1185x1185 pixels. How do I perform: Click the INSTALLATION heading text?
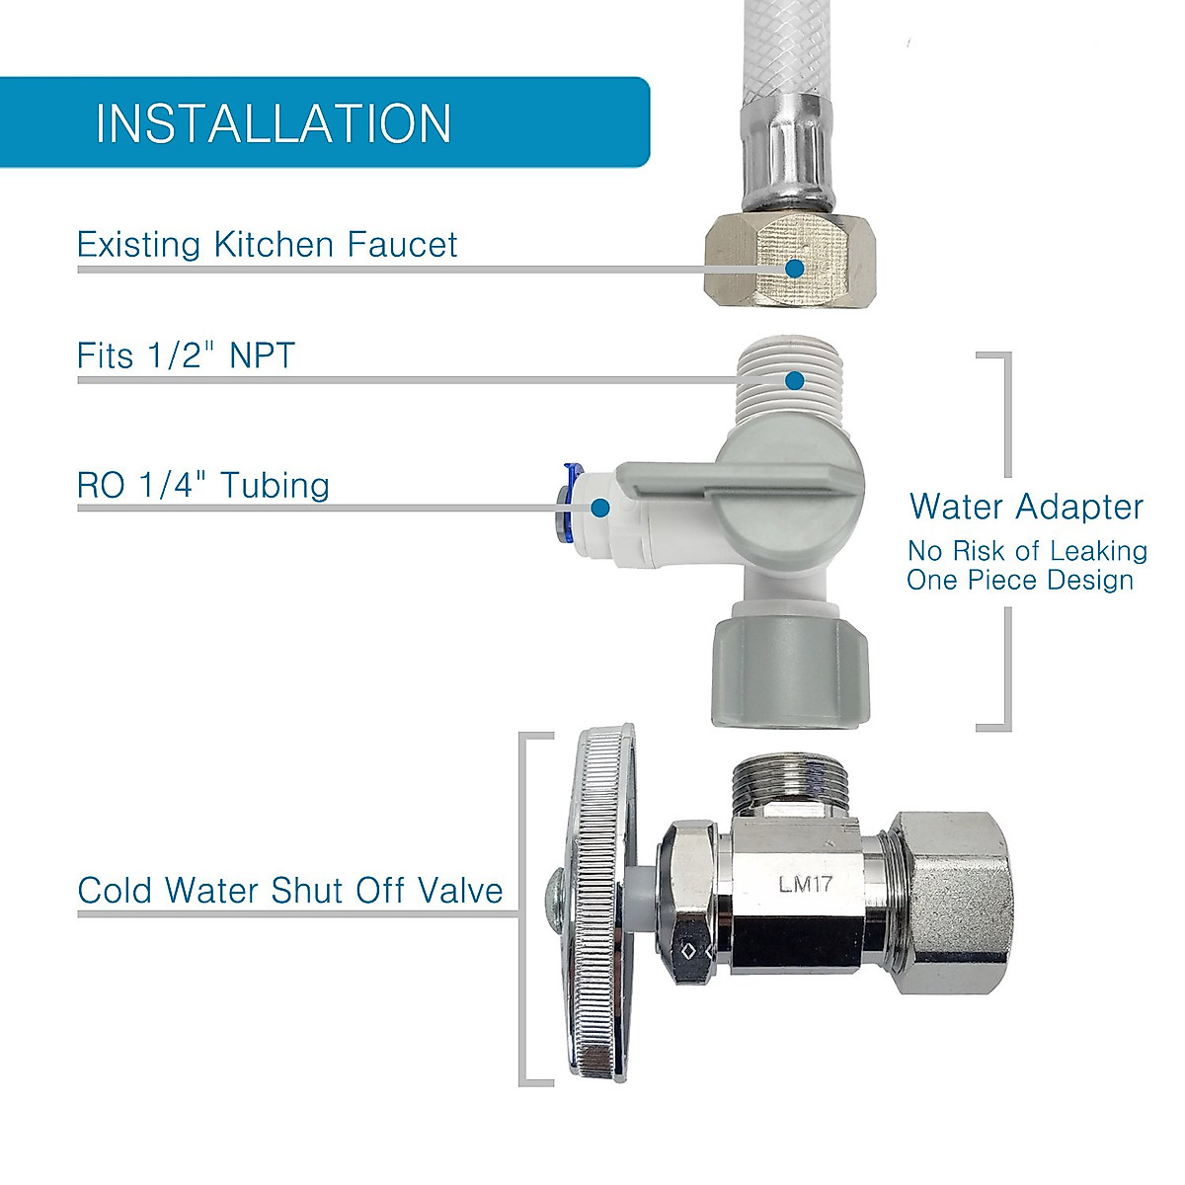point(274,123)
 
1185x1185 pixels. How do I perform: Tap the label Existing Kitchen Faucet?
point(267,245)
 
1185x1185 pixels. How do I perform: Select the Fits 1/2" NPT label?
point(186,355)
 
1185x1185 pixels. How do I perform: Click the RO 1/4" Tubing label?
point(203,485)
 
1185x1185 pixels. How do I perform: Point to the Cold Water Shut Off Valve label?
point(290,890)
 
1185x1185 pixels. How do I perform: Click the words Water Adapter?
point(1026,507)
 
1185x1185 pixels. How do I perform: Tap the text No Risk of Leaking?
point(1027,551)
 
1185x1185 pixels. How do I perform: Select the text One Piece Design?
point(1020,580)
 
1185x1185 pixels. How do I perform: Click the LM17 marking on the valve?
point(805,884)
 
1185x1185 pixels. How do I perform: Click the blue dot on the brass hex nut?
point(794,267)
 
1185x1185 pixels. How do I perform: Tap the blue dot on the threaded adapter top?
point(795,380)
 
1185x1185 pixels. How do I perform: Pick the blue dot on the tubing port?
point(599,508)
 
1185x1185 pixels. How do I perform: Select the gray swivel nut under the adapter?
point(789,671)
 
